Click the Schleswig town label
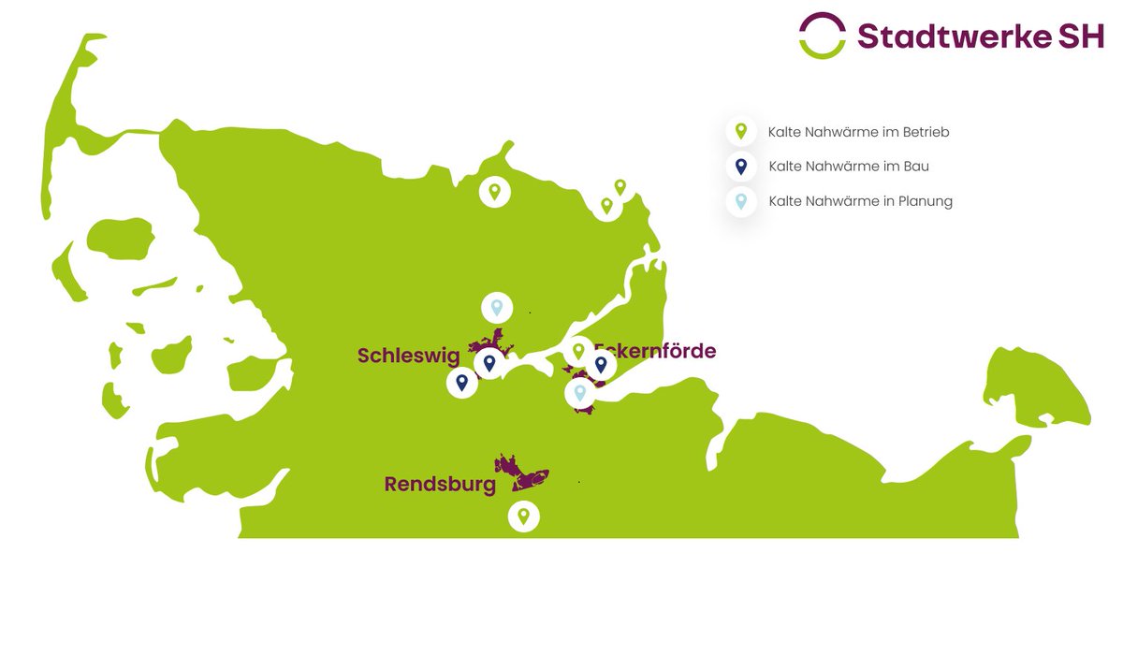coord(408,356)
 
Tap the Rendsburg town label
coord(440,485)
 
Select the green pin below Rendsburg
coord(524,516)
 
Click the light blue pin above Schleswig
coord(497,307)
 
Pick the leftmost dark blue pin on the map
coord(461,382)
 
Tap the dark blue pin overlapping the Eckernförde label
coord(601,364)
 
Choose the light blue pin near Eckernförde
coord(580,393)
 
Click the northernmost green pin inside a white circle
coord(494,192)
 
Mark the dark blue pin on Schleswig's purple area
coord(489,362)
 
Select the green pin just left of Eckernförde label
coord(578,351)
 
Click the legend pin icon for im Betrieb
coord(740,132)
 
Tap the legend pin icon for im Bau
coord(740,167)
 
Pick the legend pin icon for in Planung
coord(740,201)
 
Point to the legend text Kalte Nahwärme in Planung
coord(860,201)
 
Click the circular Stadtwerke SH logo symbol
coord(823,36)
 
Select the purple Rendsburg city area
coord(521,472)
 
